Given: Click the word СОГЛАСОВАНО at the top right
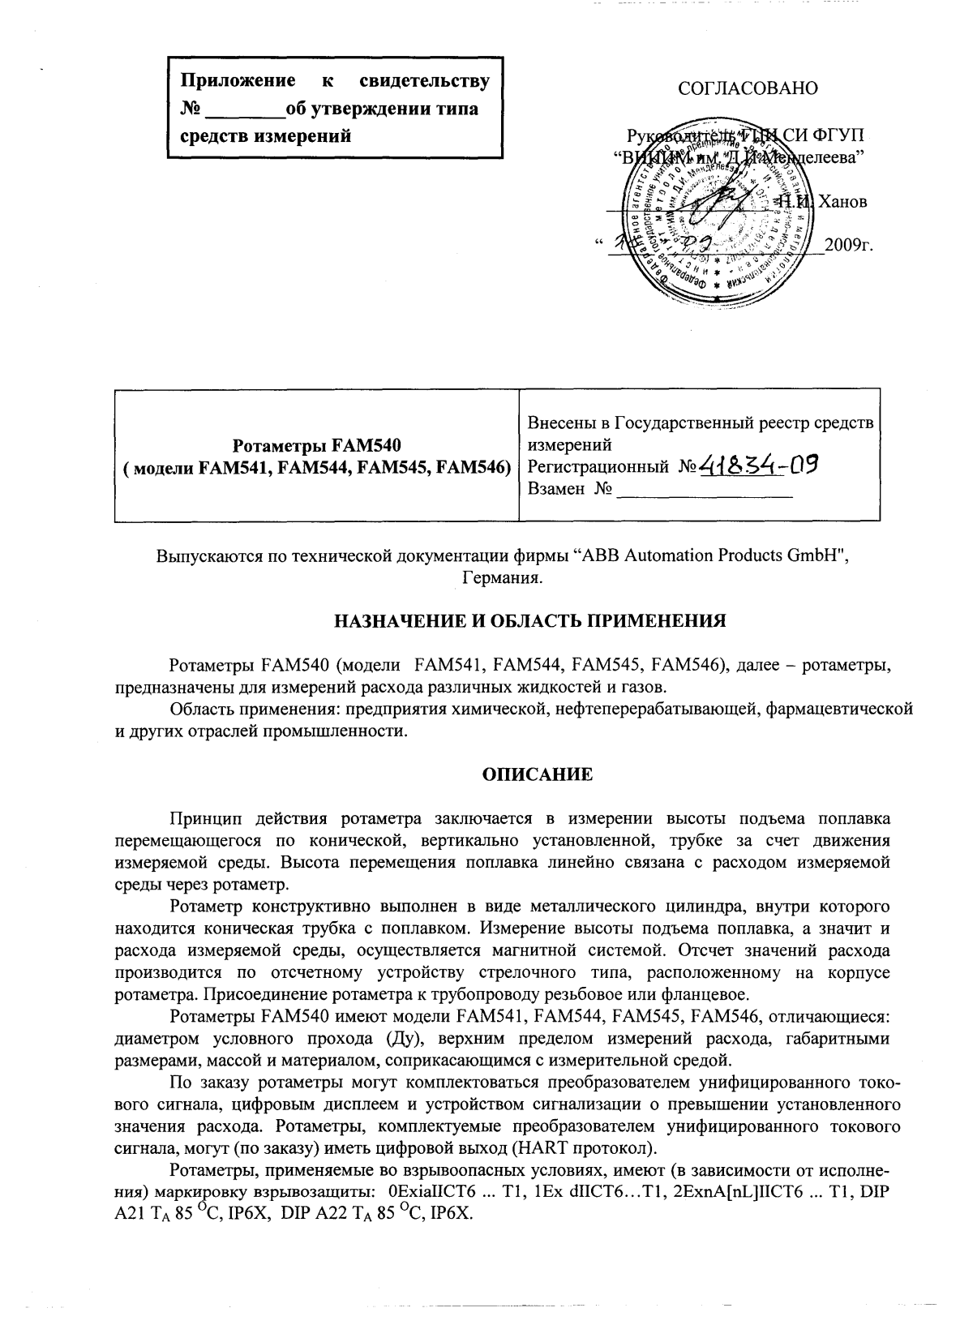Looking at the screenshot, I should (748, 88).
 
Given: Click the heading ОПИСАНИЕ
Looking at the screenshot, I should (538, 774).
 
